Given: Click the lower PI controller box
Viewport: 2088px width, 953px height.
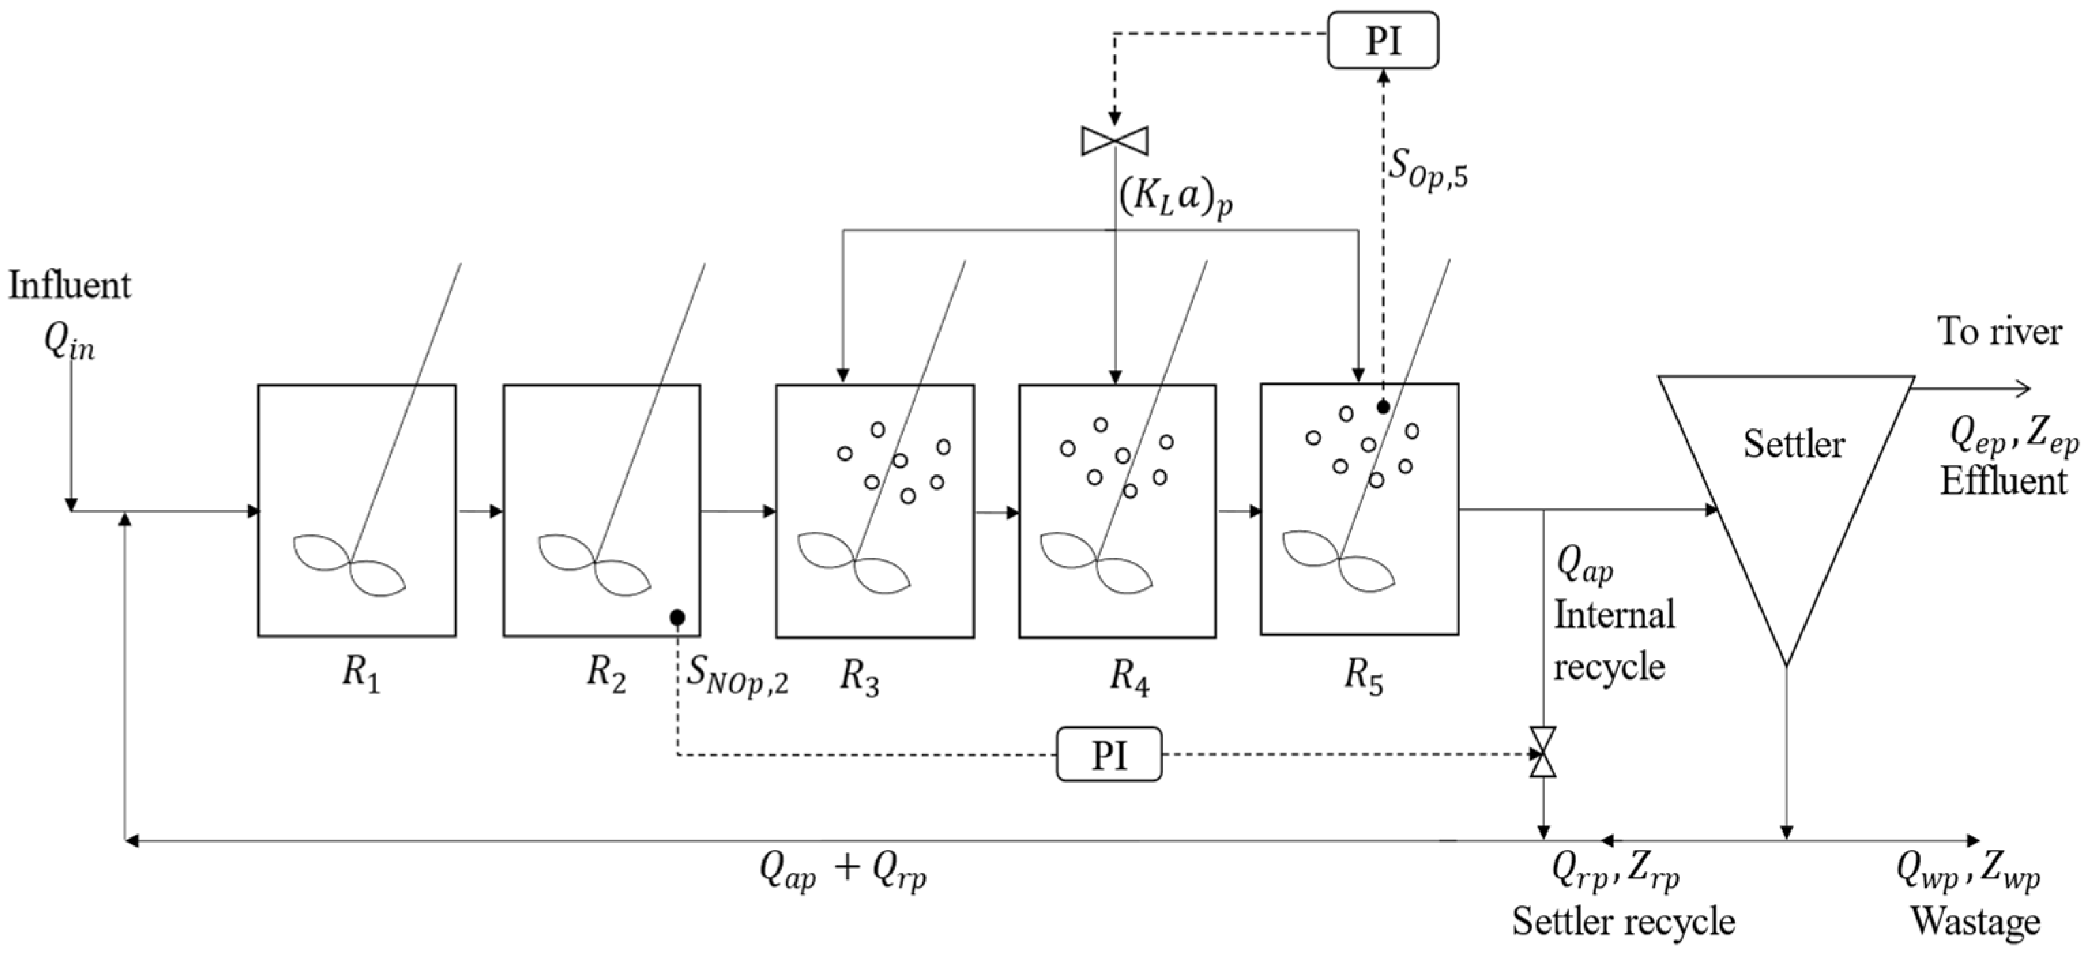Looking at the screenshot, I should [1108, 754].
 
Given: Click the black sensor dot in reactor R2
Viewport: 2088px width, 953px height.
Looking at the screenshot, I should [677, 617].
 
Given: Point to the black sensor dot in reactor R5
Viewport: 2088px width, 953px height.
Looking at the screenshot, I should [1383, 407].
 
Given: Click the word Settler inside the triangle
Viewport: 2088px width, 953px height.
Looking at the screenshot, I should [1793, 444].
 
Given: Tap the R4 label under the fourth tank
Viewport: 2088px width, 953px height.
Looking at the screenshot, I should [1129, 675].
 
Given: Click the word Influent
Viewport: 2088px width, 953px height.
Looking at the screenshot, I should [69, 286].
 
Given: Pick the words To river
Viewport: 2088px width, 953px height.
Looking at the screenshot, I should [1999, 332].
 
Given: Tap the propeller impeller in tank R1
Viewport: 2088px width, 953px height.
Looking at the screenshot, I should [349, 562].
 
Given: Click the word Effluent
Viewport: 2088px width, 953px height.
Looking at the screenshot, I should [2002, 481].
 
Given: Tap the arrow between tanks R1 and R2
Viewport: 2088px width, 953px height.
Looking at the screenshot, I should [481, 511].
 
